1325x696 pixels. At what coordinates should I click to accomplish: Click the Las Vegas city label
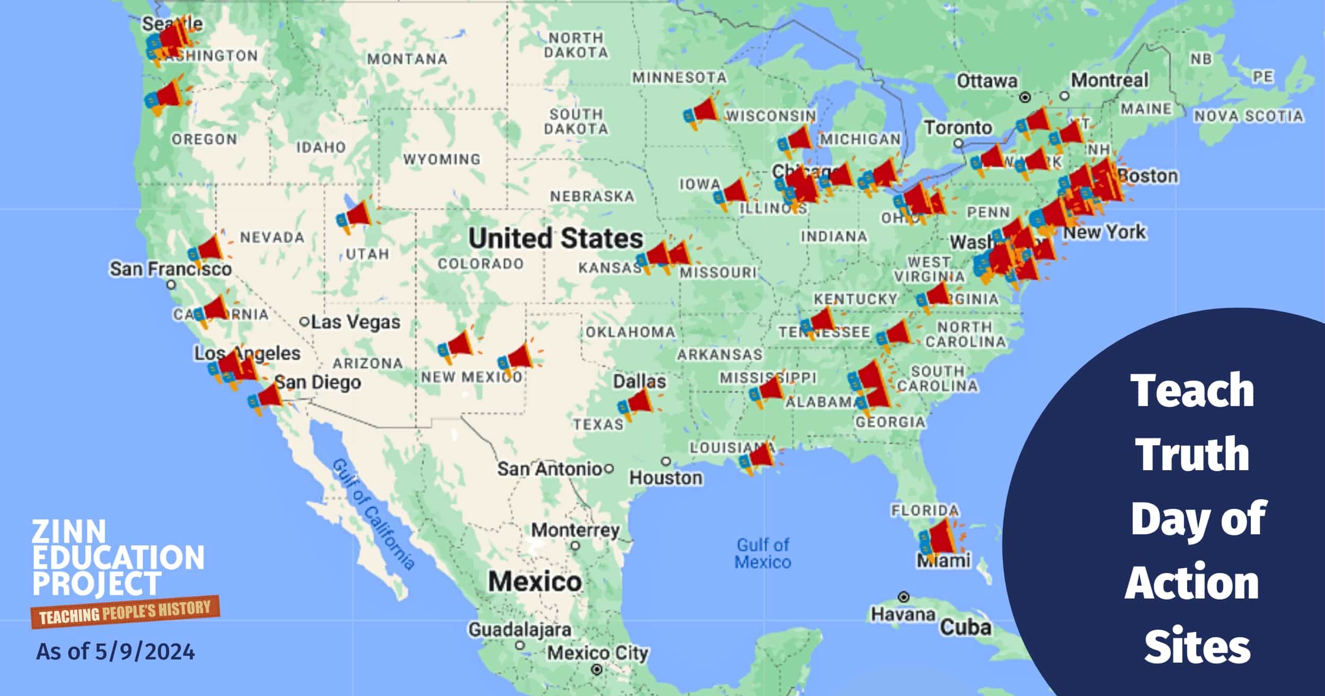(x=355, y=322)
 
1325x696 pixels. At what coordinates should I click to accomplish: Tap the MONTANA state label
(x=407, y=59)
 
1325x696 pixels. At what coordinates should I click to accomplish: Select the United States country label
(x=555, y=239)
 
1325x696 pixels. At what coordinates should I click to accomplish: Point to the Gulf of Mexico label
(x=763, y=553)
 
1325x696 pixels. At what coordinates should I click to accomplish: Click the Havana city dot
(x=904, y=597)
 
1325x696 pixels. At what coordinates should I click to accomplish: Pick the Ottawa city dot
(x=1026, y=97)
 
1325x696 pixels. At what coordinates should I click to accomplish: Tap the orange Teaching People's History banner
(x=125, y=613)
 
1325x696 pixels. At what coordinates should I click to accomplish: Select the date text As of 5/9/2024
(x=116, y=651)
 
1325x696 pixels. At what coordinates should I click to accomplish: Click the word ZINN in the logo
(x=69, y=531)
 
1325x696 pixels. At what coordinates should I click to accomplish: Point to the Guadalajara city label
(x=519, y=630)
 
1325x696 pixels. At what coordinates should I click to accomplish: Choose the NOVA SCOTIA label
(x=1248, y=116)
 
